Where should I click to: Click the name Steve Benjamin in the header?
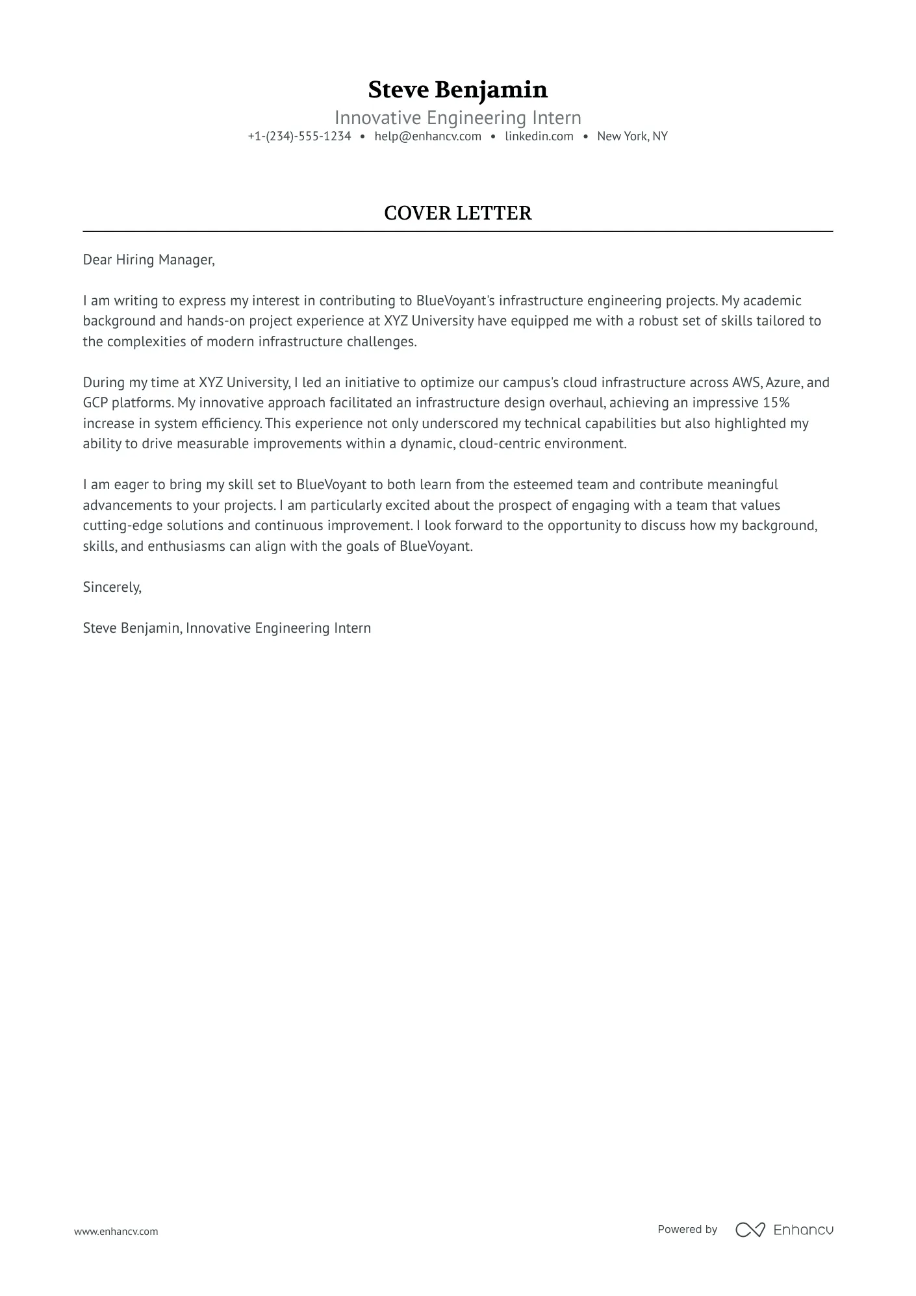[x=457, y=90]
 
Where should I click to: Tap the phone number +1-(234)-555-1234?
[x=299, y=136]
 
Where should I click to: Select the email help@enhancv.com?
[x=427, y=136]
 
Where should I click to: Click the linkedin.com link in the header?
[x=539, y=136]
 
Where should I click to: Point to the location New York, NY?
[x=632, y=136]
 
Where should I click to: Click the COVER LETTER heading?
[x=457, y=213]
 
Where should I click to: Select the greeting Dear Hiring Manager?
[x=149, y=260]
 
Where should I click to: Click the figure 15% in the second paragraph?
[x=776, y=403]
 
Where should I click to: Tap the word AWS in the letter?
[x=746, y=383]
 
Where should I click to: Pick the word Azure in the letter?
[x=784, y=383]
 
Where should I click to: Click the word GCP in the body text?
[x=95, y=403]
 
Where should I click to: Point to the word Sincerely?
[x=112, y=587]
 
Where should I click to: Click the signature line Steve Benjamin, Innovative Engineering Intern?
[x=227, y=628]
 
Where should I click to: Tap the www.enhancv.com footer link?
[x=116, y=1231]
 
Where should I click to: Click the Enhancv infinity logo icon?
[x=750, y=1230]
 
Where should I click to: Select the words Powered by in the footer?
[x=687, y=1230]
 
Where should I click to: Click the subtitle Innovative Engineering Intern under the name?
[x=457, y=118]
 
